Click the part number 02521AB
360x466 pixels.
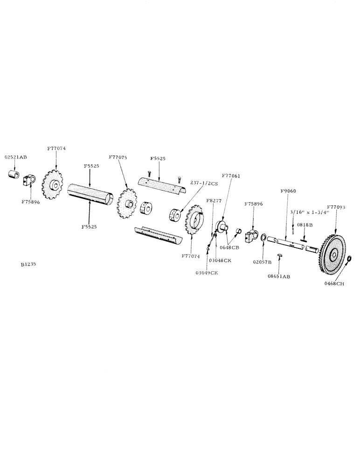click(x=16, y=157)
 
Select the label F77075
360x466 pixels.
click(x=118, y=157)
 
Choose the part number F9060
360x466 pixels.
click(x=288, y=191)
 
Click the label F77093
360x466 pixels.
click(x=336, y=206)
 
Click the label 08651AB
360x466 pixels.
click(x=279, y=276)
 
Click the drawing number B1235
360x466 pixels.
click(x=28, y=264)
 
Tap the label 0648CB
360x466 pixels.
click(x=229, y=247)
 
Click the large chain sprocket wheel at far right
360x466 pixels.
click(x=333, y=254)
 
